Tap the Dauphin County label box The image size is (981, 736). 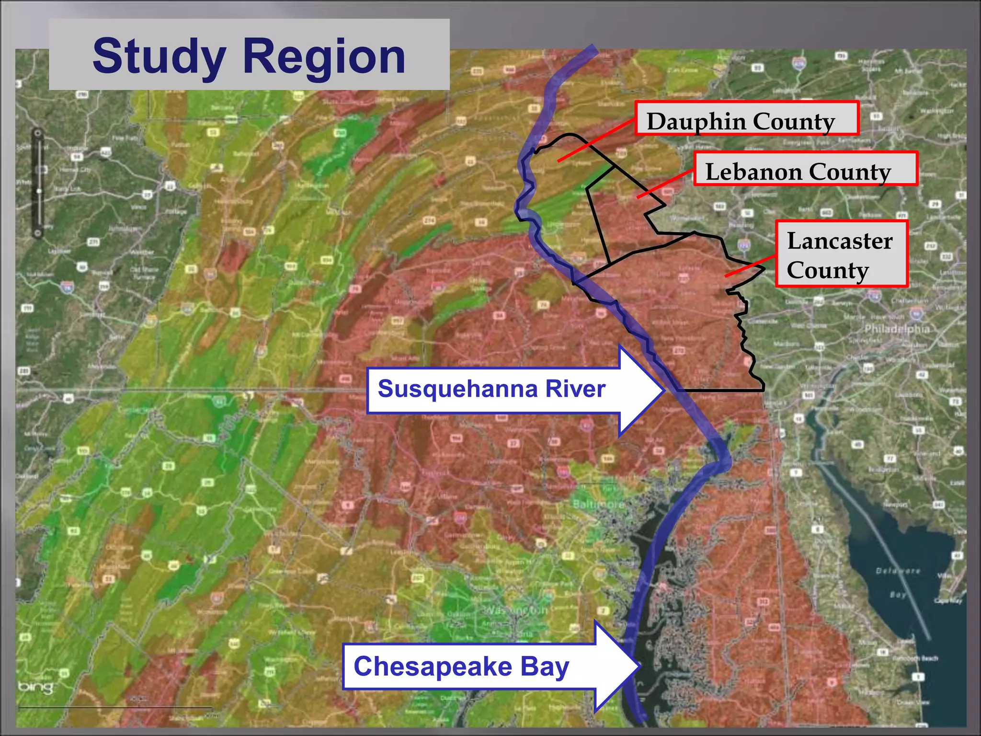746,119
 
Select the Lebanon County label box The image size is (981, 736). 805,169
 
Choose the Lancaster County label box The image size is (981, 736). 841,254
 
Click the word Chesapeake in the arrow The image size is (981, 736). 433,667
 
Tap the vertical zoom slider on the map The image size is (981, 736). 38,184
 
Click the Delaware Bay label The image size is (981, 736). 898,582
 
